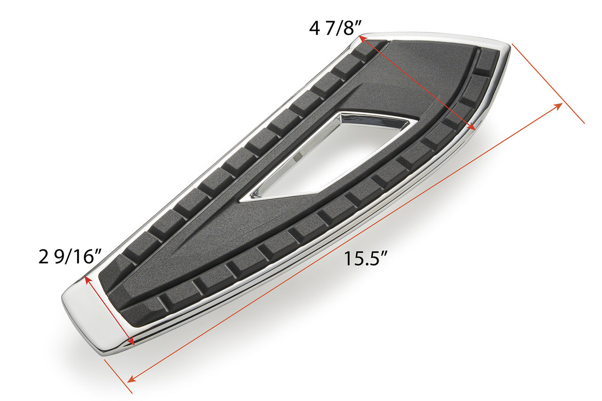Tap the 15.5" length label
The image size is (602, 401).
point(365,259)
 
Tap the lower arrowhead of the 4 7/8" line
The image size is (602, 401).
point(472,127)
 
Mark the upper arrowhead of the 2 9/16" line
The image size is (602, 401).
point(87,279)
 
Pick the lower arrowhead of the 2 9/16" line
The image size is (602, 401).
point(132,342)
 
